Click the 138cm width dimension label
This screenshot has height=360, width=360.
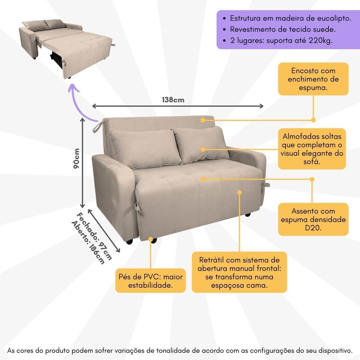click(x=174, y=99)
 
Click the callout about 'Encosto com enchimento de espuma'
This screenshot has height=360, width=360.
click(x=313, y=79)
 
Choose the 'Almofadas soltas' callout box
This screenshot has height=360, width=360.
click(x=312, y=148)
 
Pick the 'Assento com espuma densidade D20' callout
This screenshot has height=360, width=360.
click(x=313, y=219)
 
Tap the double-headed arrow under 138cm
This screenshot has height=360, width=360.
click(x=178, y=106)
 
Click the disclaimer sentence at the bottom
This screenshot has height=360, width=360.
click(x=180, y=350)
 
